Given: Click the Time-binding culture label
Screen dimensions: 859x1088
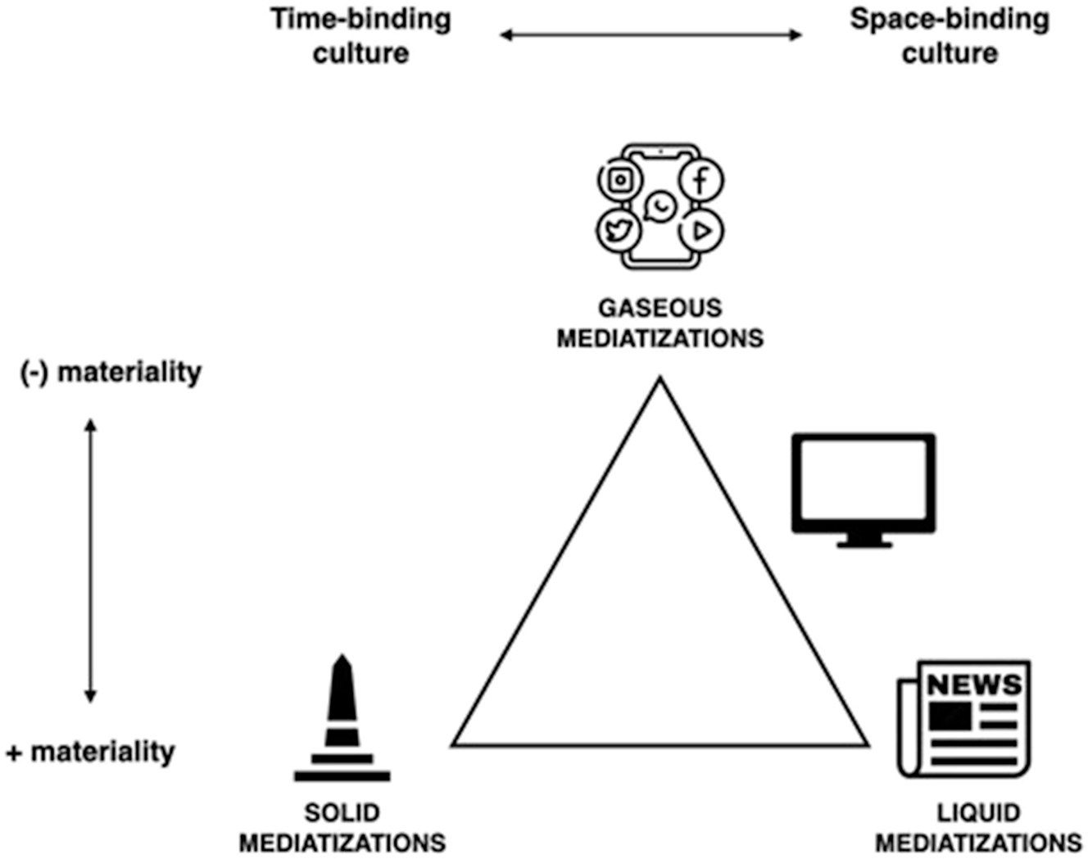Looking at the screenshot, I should [360, 36].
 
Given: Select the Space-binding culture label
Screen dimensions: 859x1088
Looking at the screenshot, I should [950, 36].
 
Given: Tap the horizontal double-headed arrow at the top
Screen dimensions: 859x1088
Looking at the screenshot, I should [651, 34].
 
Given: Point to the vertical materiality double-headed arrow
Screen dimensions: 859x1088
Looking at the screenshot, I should [91, 561].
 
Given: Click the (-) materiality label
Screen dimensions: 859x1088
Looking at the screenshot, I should [111, 372].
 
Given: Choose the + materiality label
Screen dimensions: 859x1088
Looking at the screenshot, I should [91, 752].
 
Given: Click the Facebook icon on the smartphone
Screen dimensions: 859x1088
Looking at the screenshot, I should [700, 180].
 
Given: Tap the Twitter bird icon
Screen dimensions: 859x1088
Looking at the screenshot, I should [619, 230].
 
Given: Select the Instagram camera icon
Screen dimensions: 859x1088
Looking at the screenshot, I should [620, 179].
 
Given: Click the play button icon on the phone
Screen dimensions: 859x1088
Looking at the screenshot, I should [701, 231].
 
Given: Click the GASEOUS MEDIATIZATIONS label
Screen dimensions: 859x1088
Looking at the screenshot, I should [660, 323].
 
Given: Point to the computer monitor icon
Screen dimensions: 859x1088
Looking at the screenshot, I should [864, 483].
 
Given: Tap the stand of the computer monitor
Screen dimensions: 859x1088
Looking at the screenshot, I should [864, 540].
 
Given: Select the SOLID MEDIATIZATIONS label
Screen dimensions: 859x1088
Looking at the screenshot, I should [342, 827].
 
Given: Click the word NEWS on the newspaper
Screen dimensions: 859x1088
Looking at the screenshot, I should [974, 684].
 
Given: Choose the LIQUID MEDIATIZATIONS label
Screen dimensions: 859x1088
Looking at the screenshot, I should [978, 827].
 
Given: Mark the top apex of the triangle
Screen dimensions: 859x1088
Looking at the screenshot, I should [660, 379].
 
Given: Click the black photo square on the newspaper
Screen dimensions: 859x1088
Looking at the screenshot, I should [950, 717].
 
